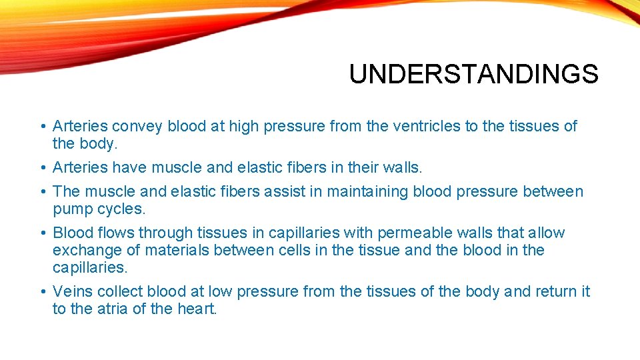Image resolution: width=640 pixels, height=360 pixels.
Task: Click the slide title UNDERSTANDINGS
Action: click(x=473, y=75)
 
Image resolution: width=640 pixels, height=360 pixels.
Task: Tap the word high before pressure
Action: click(x=244, y=126)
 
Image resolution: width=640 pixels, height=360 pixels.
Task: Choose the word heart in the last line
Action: click(x=197, y=309)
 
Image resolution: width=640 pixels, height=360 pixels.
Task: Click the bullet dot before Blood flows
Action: click(x=43, y=233)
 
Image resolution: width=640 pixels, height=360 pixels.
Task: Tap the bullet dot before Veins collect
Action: click(x=43, y=292)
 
